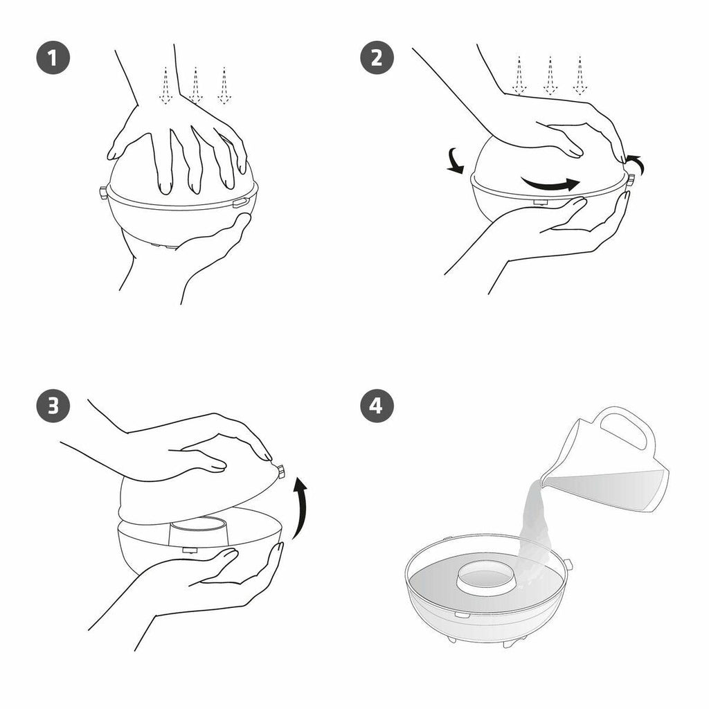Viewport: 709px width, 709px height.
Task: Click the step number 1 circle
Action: click(53, 57)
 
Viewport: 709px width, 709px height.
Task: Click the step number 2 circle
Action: click(377, 57)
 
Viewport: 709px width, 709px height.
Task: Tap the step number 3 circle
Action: click(53, 405)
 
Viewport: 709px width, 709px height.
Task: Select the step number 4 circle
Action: click(377, 405)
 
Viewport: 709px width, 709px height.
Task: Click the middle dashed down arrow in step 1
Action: click(195, 85)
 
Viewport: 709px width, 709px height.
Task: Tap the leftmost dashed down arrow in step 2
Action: click(519, 75)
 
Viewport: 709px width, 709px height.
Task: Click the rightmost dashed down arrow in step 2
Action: click(580, 75)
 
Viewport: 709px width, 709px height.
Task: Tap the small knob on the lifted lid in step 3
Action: click(280, 471)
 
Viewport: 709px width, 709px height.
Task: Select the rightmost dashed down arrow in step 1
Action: click(224, 85)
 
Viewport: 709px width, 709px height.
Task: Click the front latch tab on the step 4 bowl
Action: click(460, 616)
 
